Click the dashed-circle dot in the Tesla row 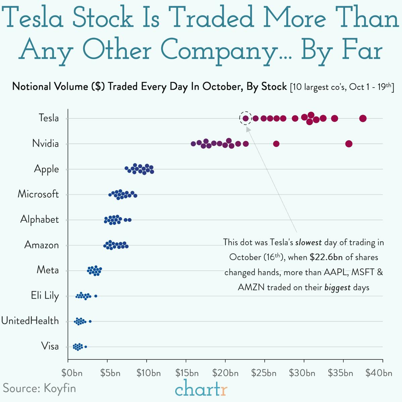245,118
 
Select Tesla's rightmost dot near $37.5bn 362,118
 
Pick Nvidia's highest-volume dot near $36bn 349,144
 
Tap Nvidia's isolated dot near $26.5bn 276,144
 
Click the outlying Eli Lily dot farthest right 96,296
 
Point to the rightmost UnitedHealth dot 90,321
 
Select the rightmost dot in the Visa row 86,347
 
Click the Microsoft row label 38,194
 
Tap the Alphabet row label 39,219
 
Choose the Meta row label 47,270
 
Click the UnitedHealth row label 30,321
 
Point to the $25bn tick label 264,373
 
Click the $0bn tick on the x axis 72,373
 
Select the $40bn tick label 379,373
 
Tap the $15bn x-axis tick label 187,373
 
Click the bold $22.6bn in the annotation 326,257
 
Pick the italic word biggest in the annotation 337,288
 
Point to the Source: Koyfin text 39,388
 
